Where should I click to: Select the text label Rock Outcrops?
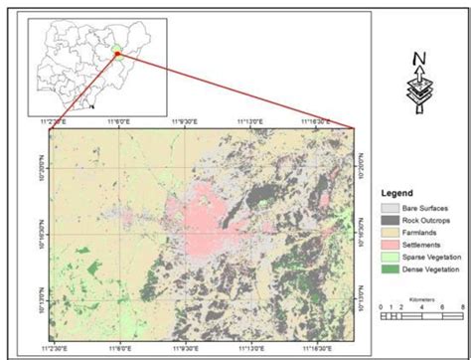424,220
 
